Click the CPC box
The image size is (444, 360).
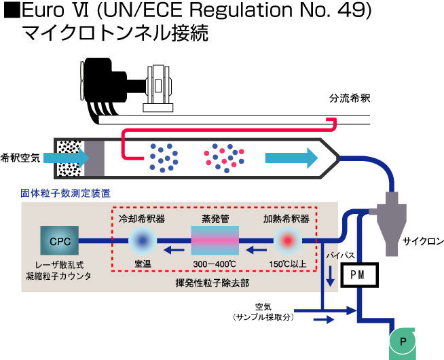click(60, 240)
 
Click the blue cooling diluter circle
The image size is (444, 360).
click(142, 240)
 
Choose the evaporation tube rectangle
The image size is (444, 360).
click(216, 240)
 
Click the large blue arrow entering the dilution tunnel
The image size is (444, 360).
click(73, 156)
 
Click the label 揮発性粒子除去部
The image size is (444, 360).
click(215, 279)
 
